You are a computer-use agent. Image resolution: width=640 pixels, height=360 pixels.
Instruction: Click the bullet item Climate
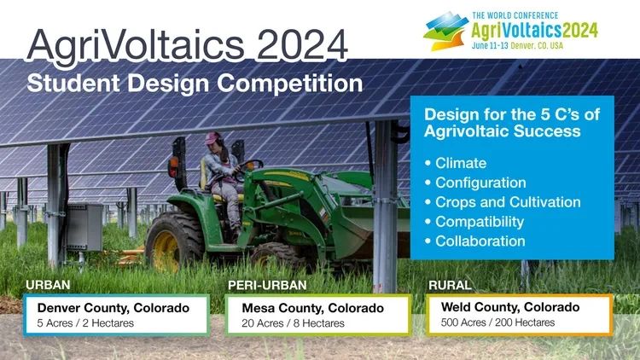tap(460, 163)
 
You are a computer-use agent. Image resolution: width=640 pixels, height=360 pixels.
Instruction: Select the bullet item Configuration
tap(480, 183)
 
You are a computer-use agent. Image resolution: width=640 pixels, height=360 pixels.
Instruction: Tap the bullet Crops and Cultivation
tap(508, 202)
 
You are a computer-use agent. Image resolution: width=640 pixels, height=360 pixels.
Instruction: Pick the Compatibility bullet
tap(480, 222)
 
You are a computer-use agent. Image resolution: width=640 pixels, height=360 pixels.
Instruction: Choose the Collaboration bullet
tap(480, 241)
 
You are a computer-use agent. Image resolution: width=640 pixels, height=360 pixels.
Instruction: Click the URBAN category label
tap(48, 285)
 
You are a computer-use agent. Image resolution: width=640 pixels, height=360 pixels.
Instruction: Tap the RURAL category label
tap(450, 285)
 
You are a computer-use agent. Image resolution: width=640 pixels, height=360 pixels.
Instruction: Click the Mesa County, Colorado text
tap(323, 307)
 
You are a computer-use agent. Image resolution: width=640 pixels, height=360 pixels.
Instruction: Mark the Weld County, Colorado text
tap(510, 306)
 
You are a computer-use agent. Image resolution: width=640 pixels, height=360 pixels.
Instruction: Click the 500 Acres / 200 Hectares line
tap(497, 322)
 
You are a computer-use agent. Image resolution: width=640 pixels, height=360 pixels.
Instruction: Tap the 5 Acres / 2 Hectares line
tap(78, 323)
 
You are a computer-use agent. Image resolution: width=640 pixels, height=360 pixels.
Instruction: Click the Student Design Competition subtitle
tap(194, 84)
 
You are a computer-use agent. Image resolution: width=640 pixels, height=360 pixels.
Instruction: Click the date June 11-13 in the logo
tap(508, 44)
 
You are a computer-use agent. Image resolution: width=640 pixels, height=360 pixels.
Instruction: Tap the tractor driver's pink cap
tap(212, 136)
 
